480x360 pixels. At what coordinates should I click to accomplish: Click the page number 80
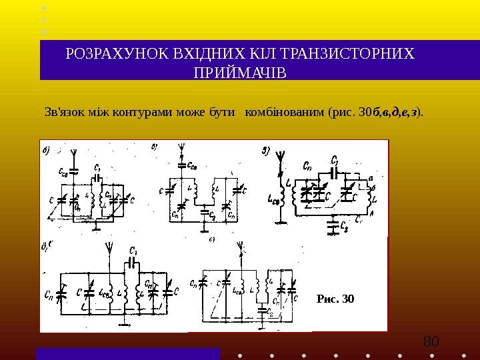coord(431,343)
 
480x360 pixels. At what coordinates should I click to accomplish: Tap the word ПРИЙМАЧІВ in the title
coord(239,71)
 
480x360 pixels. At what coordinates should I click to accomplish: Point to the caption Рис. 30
coord(335,298)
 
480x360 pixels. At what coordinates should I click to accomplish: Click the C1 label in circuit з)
coord(335,160)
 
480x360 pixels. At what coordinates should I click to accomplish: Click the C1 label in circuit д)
coord(134,251)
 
